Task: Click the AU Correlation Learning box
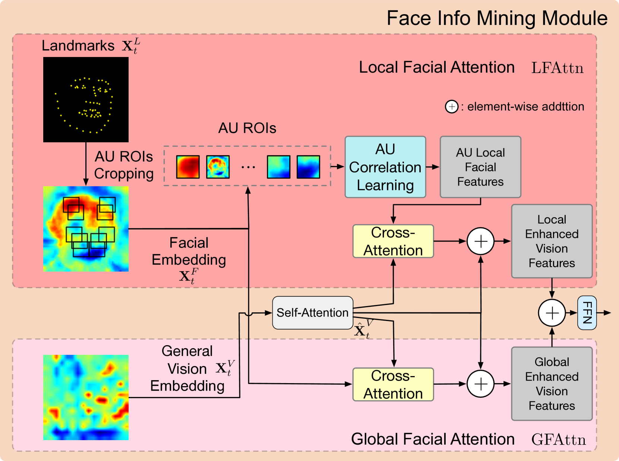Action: coord(385,167)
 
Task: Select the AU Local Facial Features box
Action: coord(480,167)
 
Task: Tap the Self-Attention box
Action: coord(312,313)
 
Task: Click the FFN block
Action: coord(587,313)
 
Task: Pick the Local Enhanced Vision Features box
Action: coord(552,241)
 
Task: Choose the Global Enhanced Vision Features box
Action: coord(552,384)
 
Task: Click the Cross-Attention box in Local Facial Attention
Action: coord(393,241)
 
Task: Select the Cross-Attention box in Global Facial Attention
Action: coord(393,384)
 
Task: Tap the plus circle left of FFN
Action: coord(552,313)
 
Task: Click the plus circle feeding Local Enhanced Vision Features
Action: coord(480,241)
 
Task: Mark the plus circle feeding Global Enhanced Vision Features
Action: coord(480,384)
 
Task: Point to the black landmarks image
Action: coord(86,99)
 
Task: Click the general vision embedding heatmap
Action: coord(86,397)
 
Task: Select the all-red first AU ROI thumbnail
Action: coord(188,167)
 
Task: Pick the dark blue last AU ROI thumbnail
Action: coord(308,167)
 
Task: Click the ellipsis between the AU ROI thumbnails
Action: coord(248,167)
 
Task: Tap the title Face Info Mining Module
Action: coord(497,18)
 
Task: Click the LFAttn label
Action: coord(557,68)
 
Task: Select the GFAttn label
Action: coord(558,440)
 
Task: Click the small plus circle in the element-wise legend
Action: coord(452,107)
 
